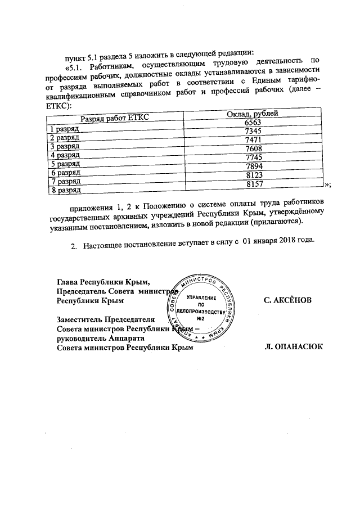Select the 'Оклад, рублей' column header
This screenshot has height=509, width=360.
[252, 115]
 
